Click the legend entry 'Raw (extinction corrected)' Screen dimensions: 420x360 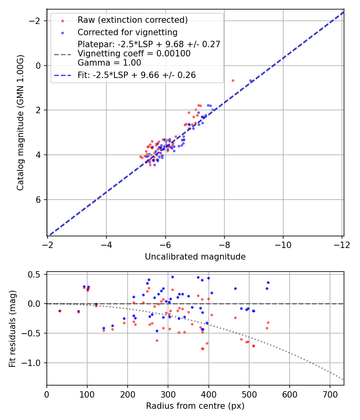coord(132,20)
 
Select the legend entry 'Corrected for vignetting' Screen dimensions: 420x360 coord(127,32)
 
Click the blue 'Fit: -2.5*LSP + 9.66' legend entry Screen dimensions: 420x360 coord(136,75)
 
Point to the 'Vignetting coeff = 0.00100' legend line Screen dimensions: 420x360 coord(134,54)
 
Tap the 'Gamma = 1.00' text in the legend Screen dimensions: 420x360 coord(109,62)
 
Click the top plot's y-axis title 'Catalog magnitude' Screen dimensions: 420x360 coord(20,122)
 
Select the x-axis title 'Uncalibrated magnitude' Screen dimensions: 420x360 coord(195,257)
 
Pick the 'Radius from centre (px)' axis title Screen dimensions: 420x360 coord(195,406)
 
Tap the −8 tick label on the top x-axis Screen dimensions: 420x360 coord(224,244)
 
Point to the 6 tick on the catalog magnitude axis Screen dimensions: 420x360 coord(39,200)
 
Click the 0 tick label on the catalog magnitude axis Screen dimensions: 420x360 coord(39,66)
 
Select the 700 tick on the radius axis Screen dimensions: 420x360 coord(330,394)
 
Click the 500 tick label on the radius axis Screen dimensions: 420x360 coord(249,394)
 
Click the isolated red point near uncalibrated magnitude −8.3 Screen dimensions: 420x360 coord(233,80)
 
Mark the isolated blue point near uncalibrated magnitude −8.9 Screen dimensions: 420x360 coord(251,80)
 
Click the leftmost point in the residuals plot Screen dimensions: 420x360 coord(60,311)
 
